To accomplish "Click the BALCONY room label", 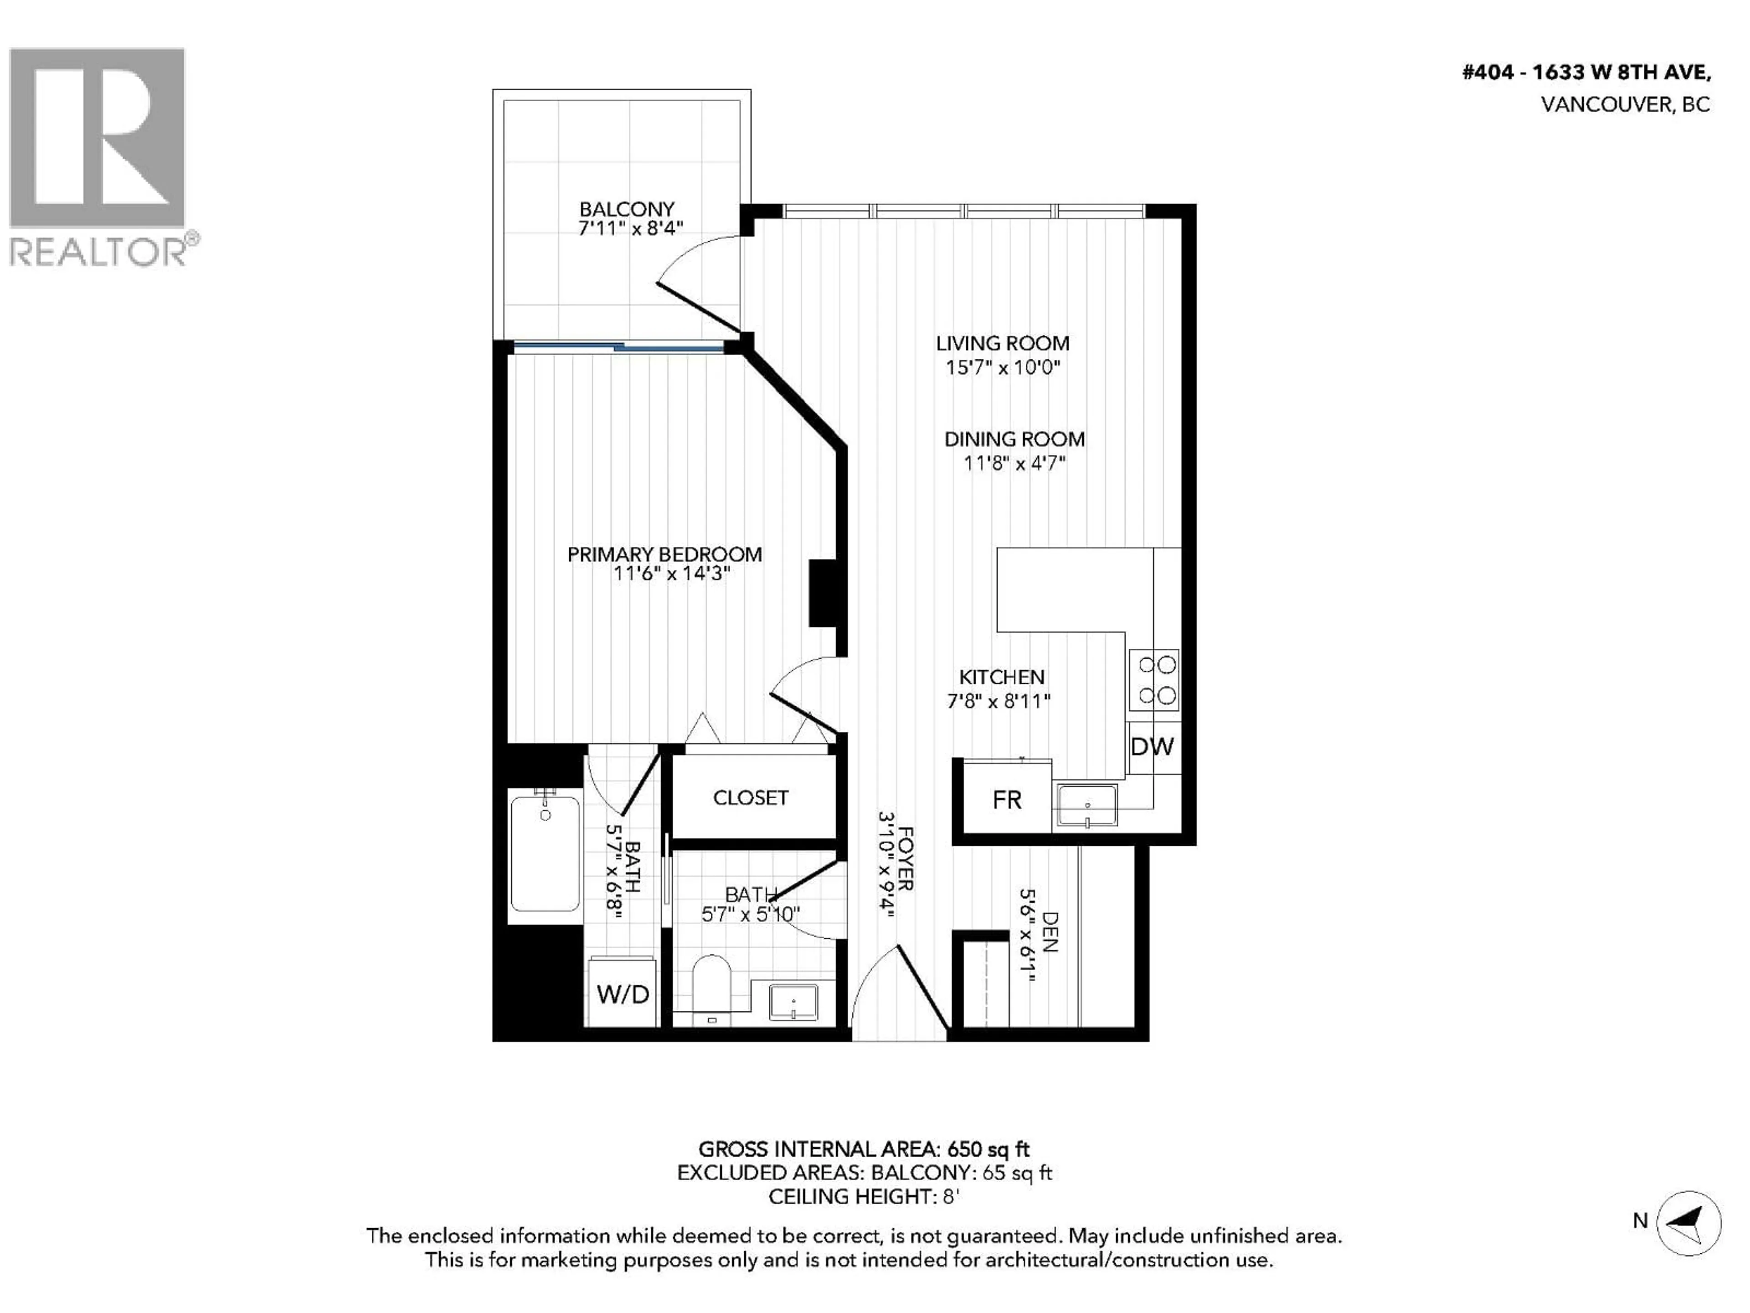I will point(627,209).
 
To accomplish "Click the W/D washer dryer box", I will point(623,994).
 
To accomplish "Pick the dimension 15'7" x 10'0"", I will point(1002,367).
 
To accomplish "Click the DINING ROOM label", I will point(1014,439).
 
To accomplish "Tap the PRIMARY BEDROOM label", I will point(664,554).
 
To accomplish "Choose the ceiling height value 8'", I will point(950,1196).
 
